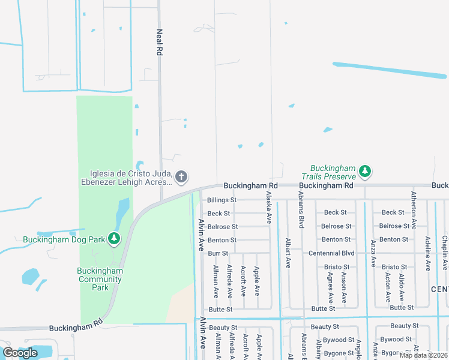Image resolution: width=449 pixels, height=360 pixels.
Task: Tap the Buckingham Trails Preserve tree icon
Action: [x=364, y=172]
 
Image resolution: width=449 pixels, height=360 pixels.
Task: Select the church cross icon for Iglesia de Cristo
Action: [x=181, y=176]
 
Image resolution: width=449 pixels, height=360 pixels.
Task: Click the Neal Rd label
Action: [x=160, y=43]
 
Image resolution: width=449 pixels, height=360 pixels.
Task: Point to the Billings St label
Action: [x=221, y=200]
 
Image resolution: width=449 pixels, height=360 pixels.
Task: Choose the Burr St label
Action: [x=218, y=253]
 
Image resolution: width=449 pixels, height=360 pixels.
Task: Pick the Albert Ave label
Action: [x=288, y=253]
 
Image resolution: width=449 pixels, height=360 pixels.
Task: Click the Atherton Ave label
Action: [x=414, y=211]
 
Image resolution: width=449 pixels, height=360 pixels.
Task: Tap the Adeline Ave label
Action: [x=427, y=253]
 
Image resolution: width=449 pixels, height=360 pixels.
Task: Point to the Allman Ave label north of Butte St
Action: [x=215, y=283]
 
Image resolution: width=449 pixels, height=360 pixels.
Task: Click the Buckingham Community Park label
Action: [x=100, y=279]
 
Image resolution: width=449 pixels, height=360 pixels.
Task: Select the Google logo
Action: [x=20, y=353]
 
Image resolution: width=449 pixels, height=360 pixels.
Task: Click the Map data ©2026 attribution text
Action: [x=424, y=355]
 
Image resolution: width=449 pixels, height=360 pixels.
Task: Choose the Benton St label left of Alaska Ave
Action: [x=222, y=240]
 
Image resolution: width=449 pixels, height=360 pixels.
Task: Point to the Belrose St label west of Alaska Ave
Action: [x=222, y=227]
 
